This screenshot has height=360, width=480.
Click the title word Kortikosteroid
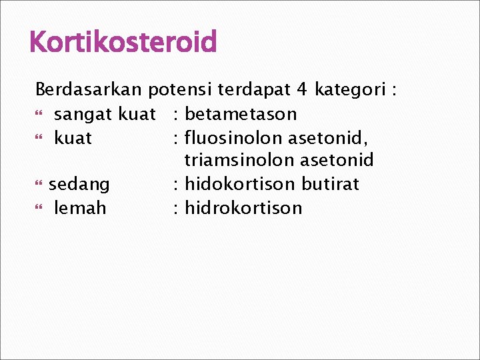123,43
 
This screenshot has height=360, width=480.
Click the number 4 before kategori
303,89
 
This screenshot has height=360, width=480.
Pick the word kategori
351,89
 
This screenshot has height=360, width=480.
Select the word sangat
83,114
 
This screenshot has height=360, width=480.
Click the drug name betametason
241,114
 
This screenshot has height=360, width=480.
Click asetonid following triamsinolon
337,161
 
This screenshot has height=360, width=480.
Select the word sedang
79,184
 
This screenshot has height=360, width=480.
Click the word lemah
80,208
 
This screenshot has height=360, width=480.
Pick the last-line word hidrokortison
243,208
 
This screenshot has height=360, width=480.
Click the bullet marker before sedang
39,185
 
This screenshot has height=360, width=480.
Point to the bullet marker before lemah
39,209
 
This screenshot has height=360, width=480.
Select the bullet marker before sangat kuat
39,115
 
